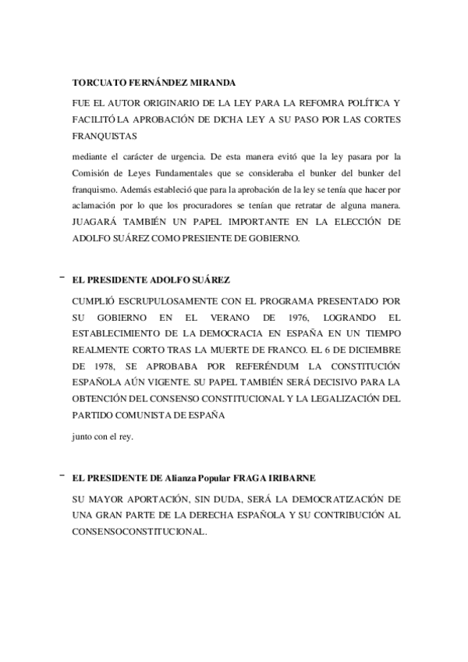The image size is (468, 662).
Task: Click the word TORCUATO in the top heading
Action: coord(98,83)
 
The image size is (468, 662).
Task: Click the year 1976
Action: coord(285,316)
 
